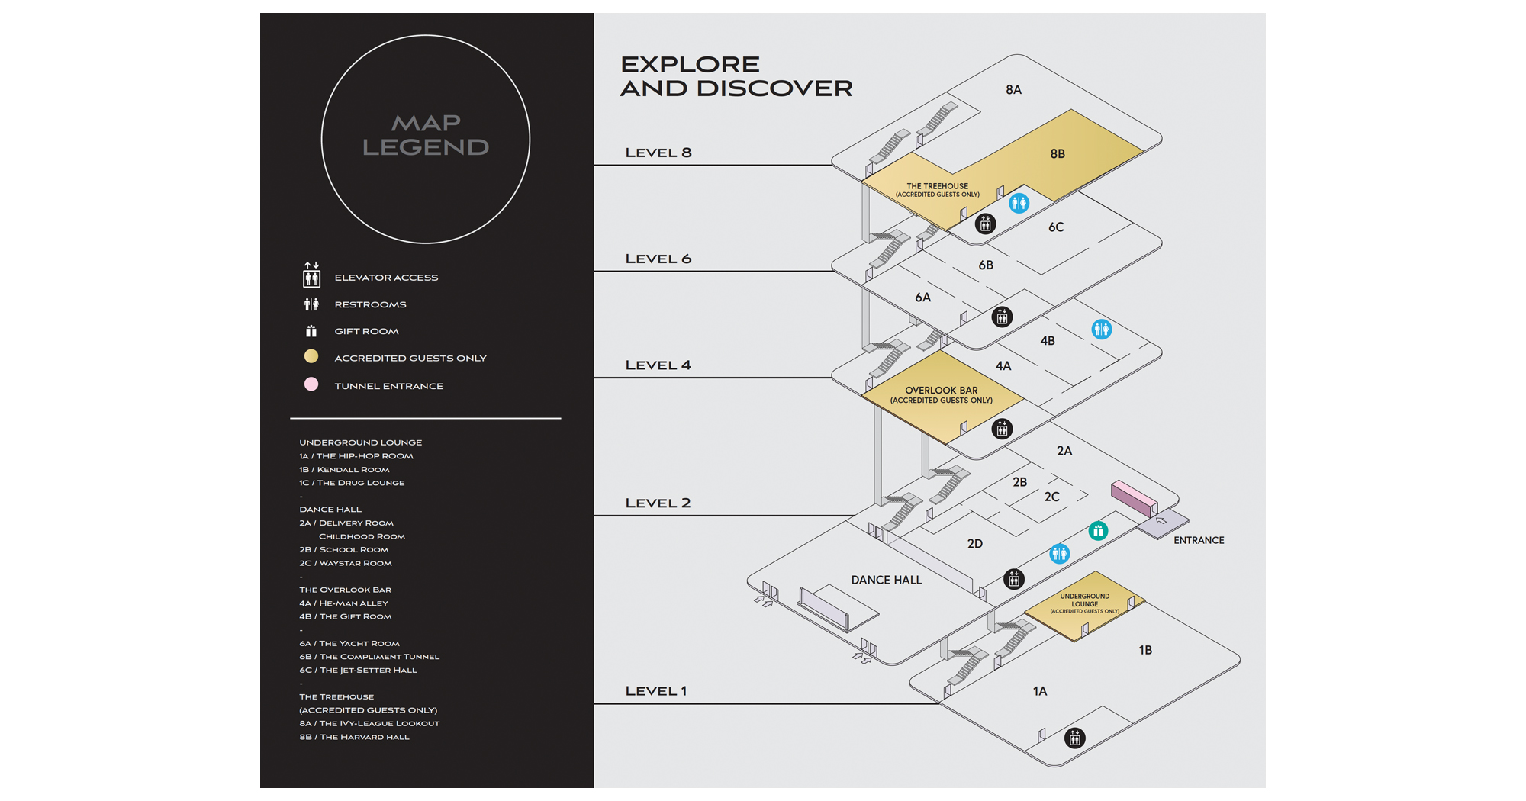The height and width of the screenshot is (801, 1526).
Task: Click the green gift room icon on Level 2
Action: [x=1098, y=531]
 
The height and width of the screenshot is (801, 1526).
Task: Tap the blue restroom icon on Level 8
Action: [x=1019, y=203]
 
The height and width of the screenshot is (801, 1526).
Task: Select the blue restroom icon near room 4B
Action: [x=1101, y=330]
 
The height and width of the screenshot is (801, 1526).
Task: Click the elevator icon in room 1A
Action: [x=1074, y=738]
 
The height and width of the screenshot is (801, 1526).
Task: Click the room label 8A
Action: [x=1013, y=90]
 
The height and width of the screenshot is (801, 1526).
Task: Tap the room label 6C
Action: [x=1056, y=227]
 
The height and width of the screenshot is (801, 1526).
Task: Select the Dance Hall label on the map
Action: [x=887, y=581]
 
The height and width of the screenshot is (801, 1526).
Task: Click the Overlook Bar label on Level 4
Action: [x=941, y=394]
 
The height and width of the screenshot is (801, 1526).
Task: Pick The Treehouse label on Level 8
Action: [x=937, y=189]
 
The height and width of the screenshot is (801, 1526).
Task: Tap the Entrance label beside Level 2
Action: [x=1199, y=540]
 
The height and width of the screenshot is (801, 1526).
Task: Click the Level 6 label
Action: [x=658, y=259]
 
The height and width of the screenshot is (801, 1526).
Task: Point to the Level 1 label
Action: [x=656, y=691]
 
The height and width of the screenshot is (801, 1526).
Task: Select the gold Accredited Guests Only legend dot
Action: [x=311, y=356]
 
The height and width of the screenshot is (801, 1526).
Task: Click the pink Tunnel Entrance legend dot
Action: [x=311, y=384]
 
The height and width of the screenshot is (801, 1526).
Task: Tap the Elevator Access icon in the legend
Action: [x=311, y=275]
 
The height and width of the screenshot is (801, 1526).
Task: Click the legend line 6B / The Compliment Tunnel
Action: [x=369, y=657]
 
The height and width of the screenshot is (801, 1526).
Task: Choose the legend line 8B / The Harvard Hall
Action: [x=354, y=737]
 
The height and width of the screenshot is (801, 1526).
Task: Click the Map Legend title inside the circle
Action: [x=426, y=135]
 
